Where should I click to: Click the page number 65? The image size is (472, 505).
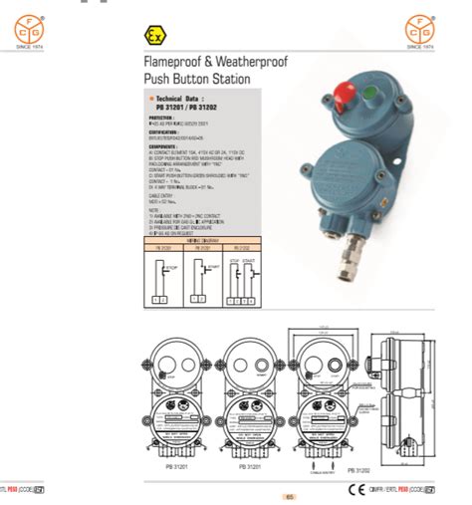[290, 496]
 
